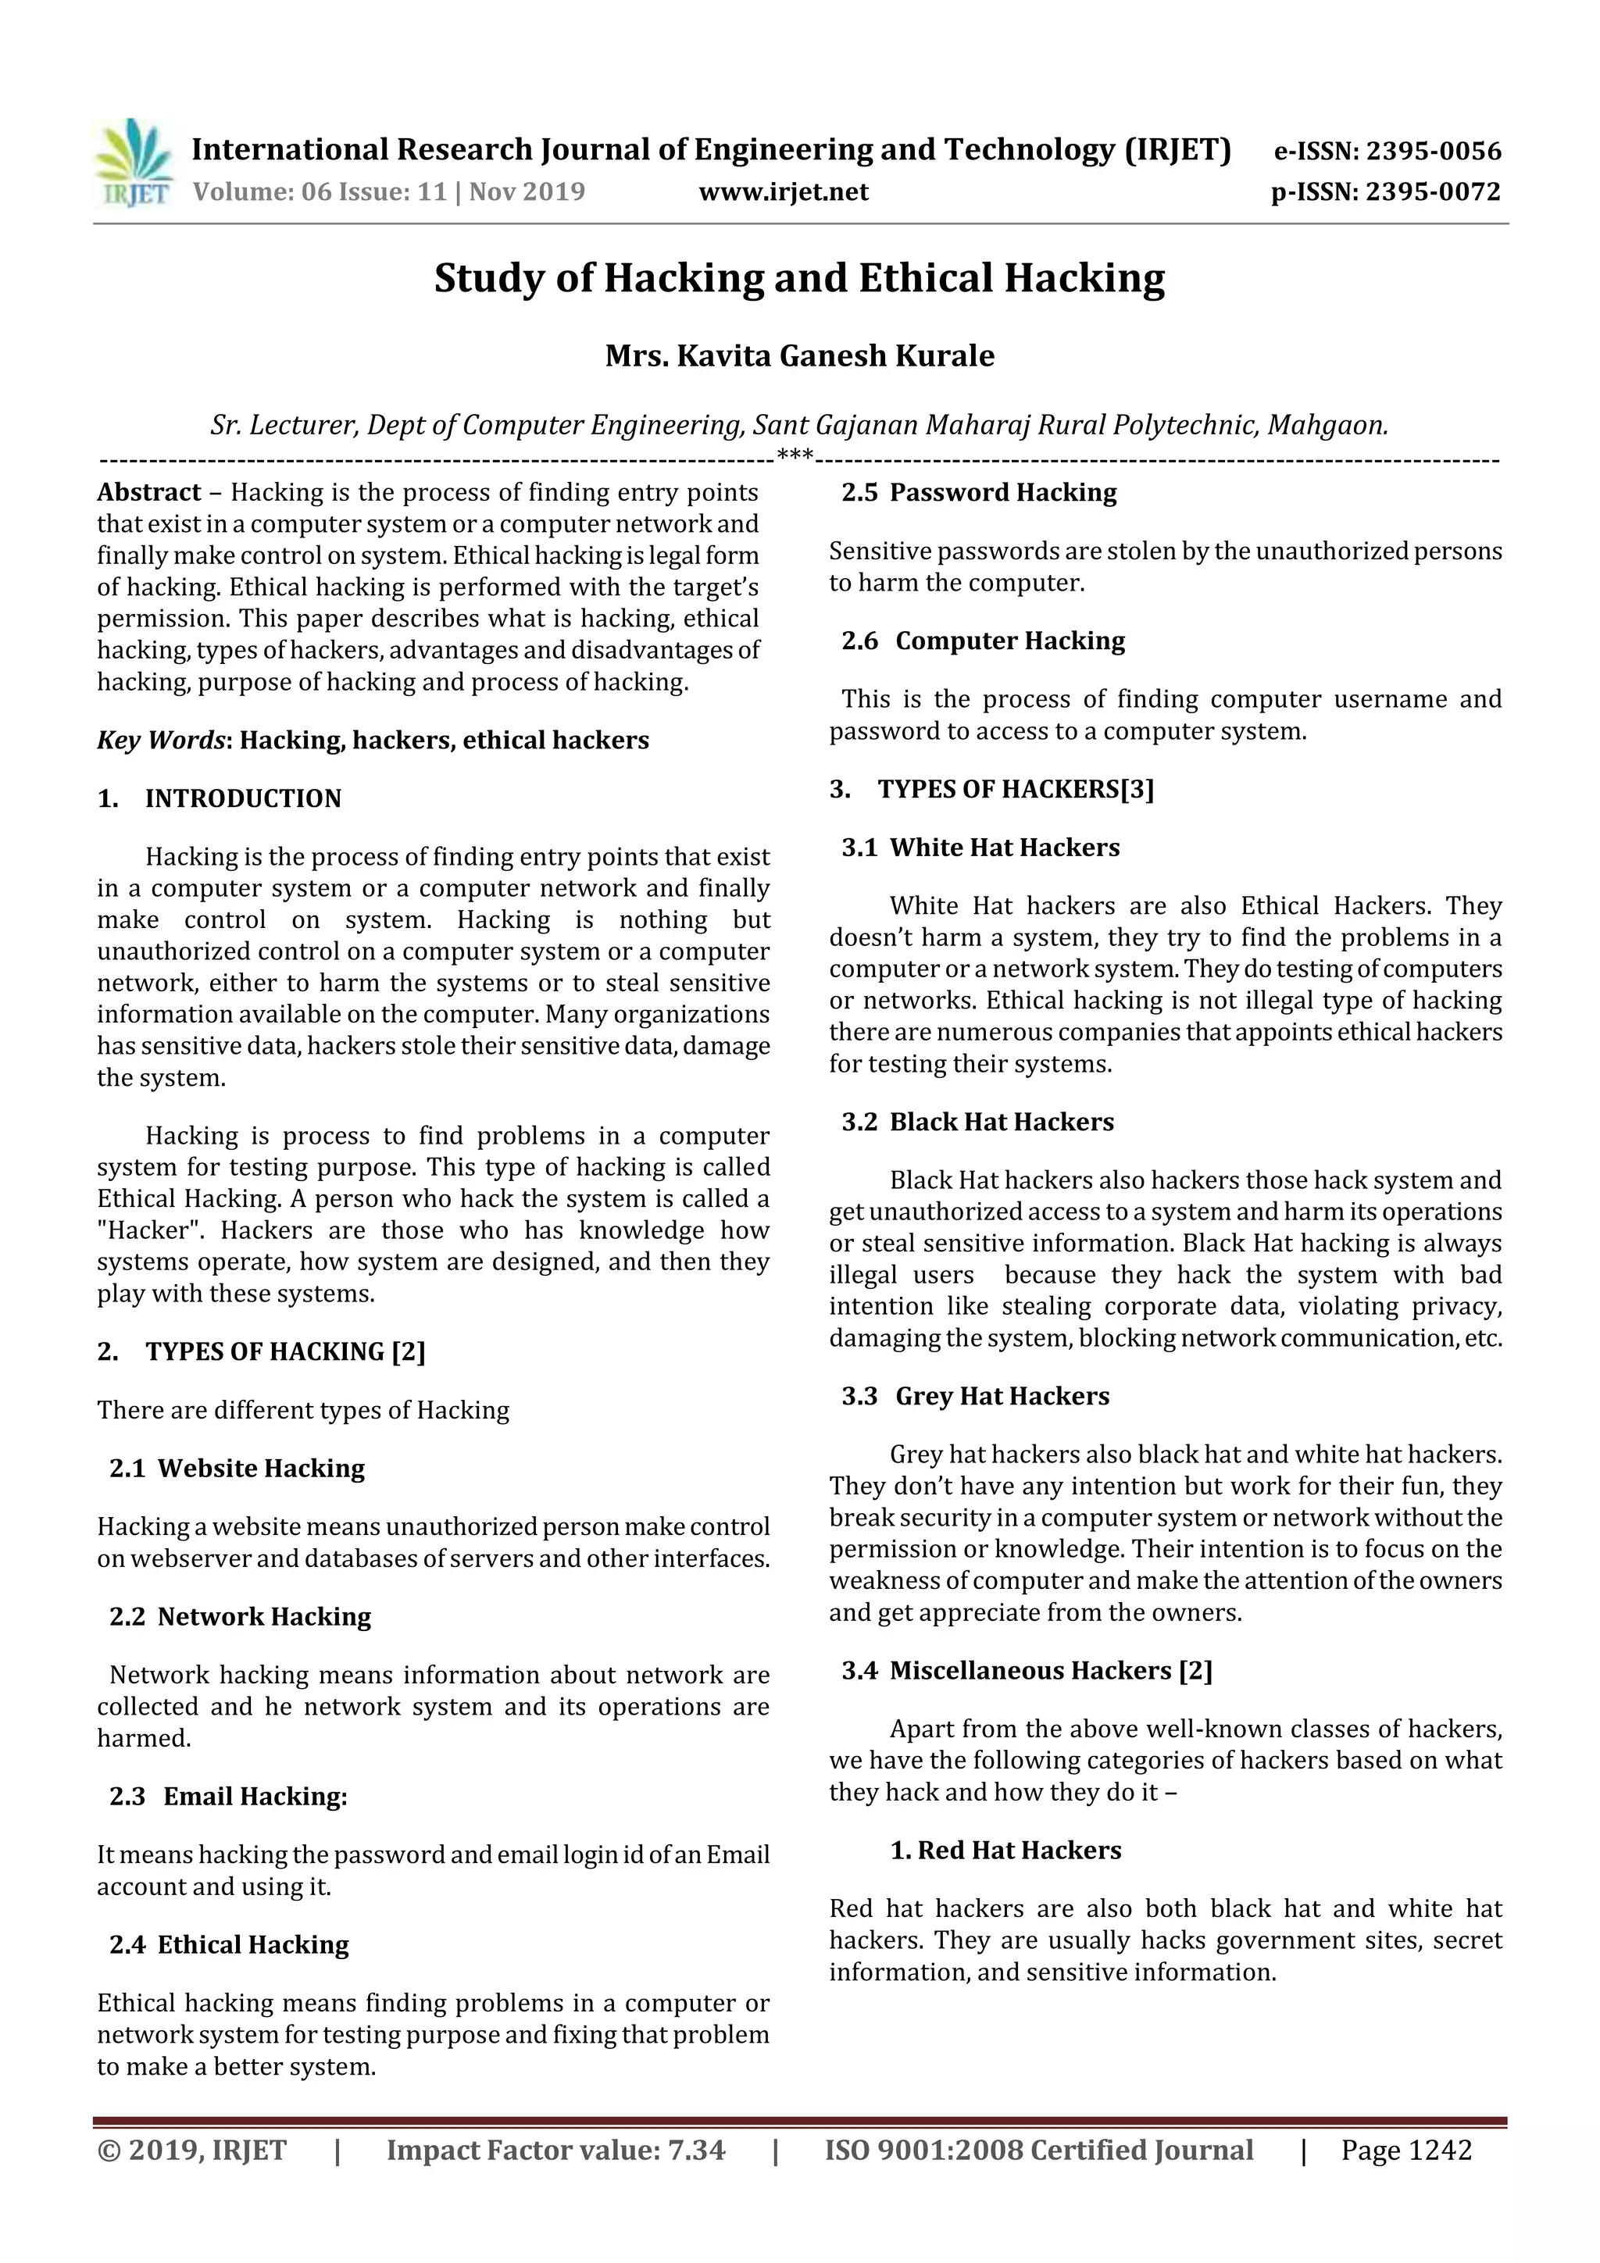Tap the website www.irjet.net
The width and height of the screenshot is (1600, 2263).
coord(784,192)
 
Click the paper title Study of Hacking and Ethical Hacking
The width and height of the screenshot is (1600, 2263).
coord(799,278)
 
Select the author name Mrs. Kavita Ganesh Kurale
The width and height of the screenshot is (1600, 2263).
coord(799,355)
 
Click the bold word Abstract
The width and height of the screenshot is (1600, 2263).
coord(149,493)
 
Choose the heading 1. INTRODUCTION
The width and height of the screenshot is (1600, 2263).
coord(219,798)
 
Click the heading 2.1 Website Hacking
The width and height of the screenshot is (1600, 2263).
coord(237,1469)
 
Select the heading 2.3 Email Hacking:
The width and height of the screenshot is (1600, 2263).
coord(229,1797)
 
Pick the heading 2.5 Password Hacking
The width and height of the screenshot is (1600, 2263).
coord(979,493)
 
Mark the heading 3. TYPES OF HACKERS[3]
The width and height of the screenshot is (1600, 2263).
coord(991,790)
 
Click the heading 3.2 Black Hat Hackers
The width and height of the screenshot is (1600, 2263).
coord(978,1123)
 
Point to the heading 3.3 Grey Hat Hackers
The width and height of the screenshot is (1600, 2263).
coord(976,1397)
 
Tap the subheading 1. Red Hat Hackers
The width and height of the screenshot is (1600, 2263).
coord(1005,1851)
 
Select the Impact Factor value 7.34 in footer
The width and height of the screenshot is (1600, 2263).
coord(696,2151)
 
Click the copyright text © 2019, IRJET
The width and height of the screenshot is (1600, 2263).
coord(192,2151)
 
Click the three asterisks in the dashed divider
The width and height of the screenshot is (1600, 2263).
coord(795,455)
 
